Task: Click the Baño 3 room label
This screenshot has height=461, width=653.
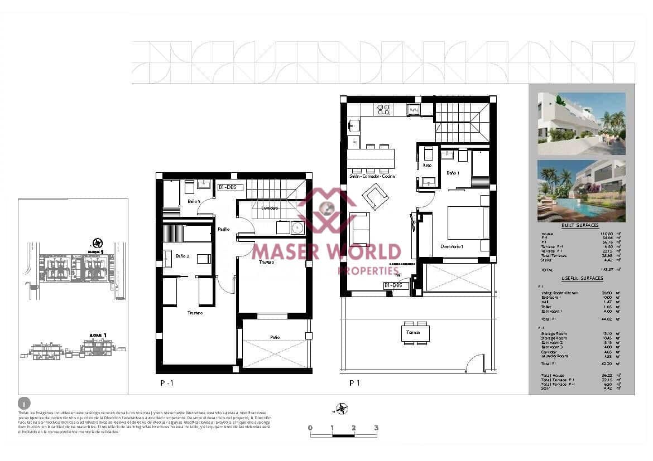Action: click(194, 201)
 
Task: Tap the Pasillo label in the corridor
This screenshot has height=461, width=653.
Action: click(223, 229)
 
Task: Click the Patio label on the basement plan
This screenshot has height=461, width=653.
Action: click(275, 337)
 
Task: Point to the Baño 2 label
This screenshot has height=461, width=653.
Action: click(183, 256)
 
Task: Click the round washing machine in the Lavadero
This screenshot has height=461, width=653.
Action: click(298, 227)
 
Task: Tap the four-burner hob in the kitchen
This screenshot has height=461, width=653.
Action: click(383, 109)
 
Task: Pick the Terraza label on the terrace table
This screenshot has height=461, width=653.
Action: click(413, 332)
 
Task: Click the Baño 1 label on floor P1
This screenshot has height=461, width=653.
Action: click(453, 173)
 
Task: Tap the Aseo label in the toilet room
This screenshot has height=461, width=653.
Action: click(427, 165)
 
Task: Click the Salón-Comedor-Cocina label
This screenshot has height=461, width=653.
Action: click(372, 176)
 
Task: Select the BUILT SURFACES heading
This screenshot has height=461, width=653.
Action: click(580, 225)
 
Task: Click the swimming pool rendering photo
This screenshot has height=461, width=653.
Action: click(581, 191)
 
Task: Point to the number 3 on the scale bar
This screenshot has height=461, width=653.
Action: click(376, 428)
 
